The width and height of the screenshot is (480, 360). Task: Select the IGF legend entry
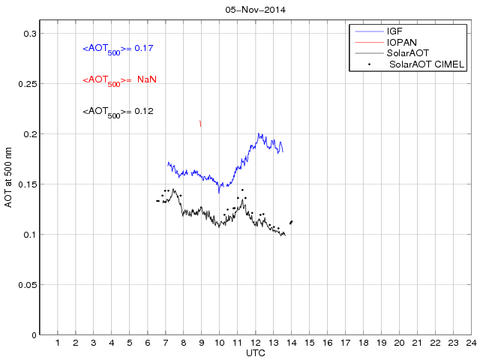click(x=394, y=31)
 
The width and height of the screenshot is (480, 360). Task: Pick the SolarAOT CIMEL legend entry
click(x=423, y=64)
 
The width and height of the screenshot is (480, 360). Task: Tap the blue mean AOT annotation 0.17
click(x=118, y=49)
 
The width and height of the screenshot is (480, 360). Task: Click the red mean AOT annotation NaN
click(x=120, y=80)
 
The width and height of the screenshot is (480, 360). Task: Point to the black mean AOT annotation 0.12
click(x=118, y=112)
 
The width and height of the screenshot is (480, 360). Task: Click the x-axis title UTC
click(x=255, y=352)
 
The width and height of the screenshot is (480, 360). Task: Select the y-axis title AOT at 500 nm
click(x=9, y=177)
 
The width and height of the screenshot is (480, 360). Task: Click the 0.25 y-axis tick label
click(x=25, y=84)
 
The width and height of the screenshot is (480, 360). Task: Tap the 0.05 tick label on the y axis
click(x=25, y=284)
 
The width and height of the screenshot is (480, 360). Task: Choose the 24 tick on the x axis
click(x=470, y=343)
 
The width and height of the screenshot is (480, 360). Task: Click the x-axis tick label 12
click(x=255, y=343)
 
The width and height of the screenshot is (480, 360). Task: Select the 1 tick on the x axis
click(x=58, y=343)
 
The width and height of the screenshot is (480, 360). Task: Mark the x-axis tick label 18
click(x=363, y=343)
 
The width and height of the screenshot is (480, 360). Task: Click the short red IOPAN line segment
click(x=200, y=123)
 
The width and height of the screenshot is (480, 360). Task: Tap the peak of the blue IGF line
click(x=259, y=134)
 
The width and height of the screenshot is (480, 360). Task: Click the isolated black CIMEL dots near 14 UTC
click(x=291, y=222)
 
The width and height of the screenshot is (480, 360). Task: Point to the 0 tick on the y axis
click(x=33, y=334)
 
